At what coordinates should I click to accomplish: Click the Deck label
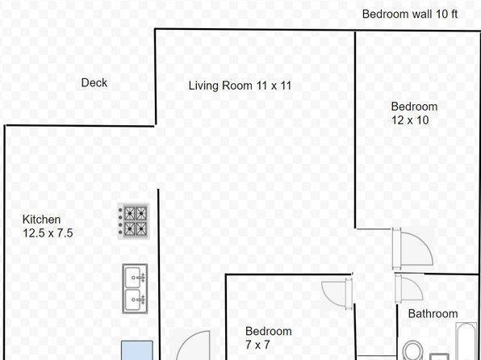[94, 82]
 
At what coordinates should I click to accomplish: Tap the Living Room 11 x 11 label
[240, 86]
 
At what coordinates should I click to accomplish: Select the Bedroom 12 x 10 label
[414, 113]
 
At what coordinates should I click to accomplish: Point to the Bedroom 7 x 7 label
[269, 338]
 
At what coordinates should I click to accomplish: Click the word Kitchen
[41, 220]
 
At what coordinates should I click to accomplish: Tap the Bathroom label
[433, 314]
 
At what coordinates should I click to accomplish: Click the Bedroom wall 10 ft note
[410, 14]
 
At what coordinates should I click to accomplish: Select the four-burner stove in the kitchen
[134, 221]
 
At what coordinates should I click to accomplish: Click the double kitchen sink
[135, 288]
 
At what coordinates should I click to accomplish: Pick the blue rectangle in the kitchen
[137, 350]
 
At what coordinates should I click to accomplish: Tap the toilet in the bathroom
[412, 351]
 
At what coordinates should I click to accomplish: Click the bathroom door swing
[409, 288]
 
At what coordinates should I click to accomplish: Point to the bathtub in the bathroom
[466, 341]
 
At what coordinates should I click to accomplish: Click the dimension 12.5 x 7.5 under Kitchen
[48, 233]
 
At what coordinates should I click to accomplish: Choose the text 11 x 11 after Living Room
[274, 86]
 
